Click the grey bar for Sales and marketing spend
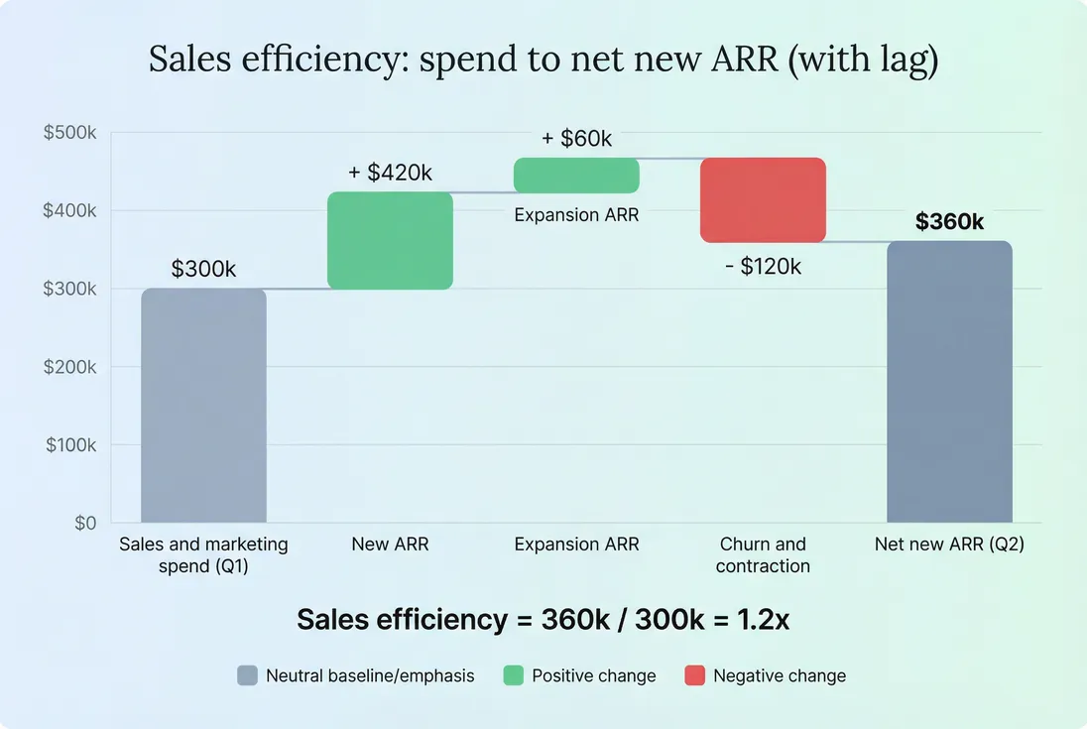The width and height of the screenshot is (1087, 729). (x=203, y=405)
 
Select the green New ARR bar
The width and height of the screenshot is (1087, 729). (x=390, y=241)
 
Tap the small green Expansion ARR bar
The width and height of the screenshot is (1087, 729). (x=576, y=176)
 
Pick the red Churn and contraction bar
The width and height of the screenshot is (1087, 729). (x=763, y=199)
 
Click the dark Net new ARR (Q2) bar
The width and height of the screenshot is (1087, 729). (x=949, y=382)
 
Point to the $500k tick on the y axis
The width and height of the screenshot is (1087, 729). (x=69, y=132)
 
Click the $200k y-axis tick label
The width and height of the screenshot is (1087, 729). (x=69, y=367)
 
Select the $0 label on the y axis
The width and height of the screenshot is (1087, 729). (x=85, y=523)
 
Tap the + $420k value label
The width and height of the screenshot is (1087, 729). (x=390, y=173)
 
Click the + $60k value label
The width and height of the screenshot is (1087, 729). (x=576, y=139)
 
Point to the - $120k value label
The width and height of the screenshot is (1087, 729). (x=763, y=266)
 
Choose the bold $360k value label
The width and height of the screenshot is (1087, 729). (x=949, y=222)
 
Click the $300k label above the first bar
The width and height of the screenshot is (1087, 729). (x=203, y=269)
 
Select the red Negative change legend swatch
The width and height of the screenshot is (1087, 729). (x=694, y=675)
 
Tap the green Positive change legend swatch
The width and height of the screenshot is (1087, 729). (x=513, y=675)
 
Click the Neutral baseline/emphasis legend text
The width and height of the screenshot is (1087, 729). (x=370, y=675)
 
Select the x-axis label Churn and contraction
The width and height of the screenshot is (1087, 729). (x=763, y=554)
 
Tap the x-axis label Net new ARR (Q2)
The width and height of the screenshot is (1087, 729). (x=949, y=544)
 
